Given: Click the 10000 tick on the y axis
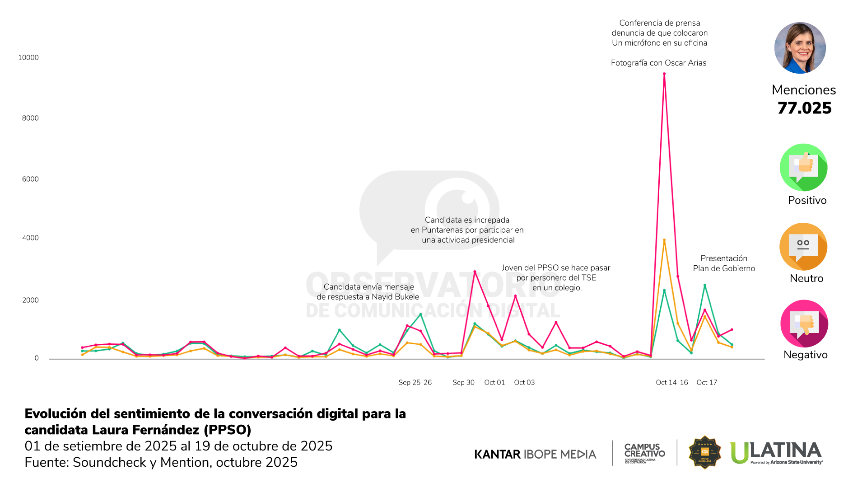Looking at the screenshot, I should coord(28,57).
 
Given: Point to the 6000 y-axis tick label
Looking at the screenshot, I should coord(30,179).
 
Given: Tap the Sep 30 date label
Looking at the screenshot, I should coord(463,382).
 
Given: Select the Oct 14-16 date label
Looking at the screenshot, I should coord(671,382).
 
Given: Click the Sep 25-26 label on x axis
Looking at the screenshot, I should coord(415,382).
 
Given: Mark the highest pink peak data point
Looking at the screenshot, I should coord(664,74).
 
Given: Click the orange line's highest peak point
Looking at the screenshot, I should coord(664,240).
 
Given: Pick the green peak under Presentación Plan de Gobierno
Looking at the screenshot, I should coord(704,285).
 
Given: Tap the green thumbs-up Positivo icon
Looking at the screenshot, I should coord(803,167).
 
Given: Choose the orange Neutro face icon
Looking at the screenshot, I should coord(803,247).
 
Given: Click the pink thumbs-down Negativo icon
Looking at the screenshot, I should coord(804,324).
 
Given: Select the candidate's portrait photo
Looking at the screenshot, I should coord(800,48).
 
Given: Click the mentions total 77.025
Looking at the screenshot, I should coord(804,108).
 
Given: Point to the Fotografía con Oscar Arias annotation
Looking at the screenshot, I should coord(658,63).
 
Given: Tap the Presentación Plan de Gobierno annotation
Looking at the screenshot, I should coord(724,263).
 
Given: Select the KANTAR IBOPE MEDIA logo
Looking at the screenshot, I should coord(535,454).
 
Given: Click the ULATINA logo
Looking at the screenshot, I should coord(776,452).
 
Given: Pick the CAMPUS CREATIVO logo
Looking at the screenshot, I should coord(644,452).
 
